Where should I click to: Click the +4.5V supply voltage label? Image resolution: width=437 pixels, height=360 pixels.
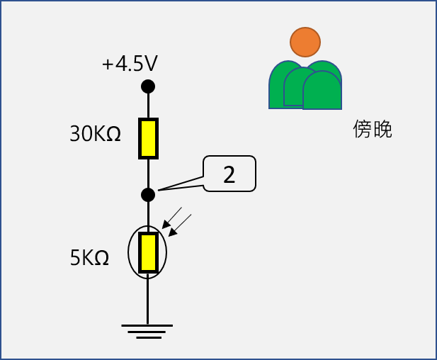pos(129,64)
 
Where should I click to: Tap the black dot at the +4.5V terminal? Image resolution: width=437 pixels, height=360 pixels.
pos(148,86)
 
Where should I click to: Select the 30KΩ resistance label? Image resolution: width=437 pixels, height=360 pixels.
pos(96,135)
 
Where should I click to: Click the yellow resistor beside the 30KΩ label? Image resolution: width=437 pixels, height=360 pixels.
pos(148,138)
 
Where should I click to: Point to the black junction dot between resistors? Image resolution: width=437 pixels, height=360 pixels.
pos(148,194)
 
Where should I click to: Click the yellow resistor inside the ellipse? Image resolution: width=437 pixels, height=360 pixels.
pos(147,252)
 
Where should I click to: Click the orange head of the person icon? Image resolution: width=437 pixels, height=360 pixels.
pos(305,43)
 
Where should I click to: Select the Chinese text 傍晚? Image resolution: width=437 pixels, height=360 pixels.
pos(373,129)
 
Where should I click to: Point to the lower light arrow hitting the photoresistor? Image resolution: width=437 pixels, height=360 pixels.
pos(181,226)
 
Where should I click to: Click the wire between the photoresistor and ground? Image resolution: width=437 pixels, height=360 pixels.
pos(147,298)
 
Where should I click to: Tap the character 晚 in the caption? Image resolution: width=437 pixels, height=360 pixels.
pos(382,129)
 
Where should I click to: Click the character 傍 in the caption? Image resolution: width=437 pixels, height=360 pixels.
pos(363,129)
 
